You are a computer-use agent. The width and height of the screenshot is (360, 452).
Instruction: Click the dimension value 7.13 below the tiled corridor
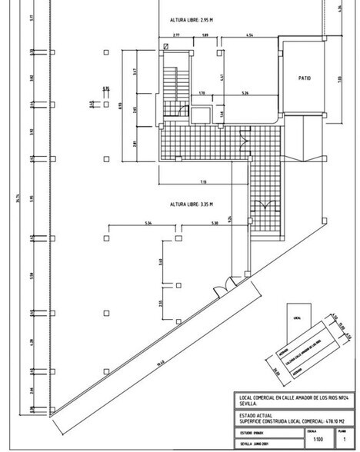pyautogui.click(x=202, y=182)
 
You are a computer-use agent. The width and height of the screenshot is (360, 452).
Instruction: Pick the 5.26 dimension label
pyautogui.click(x=245, y=94)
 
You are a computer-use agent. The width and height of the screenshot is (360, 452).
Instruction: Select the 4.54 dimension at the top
pyautogui.click(x=251, y=35)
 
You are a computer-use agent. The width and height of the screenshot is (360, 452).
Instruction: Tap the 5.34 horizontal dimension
pyautogui.click(x=148, y=224)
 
